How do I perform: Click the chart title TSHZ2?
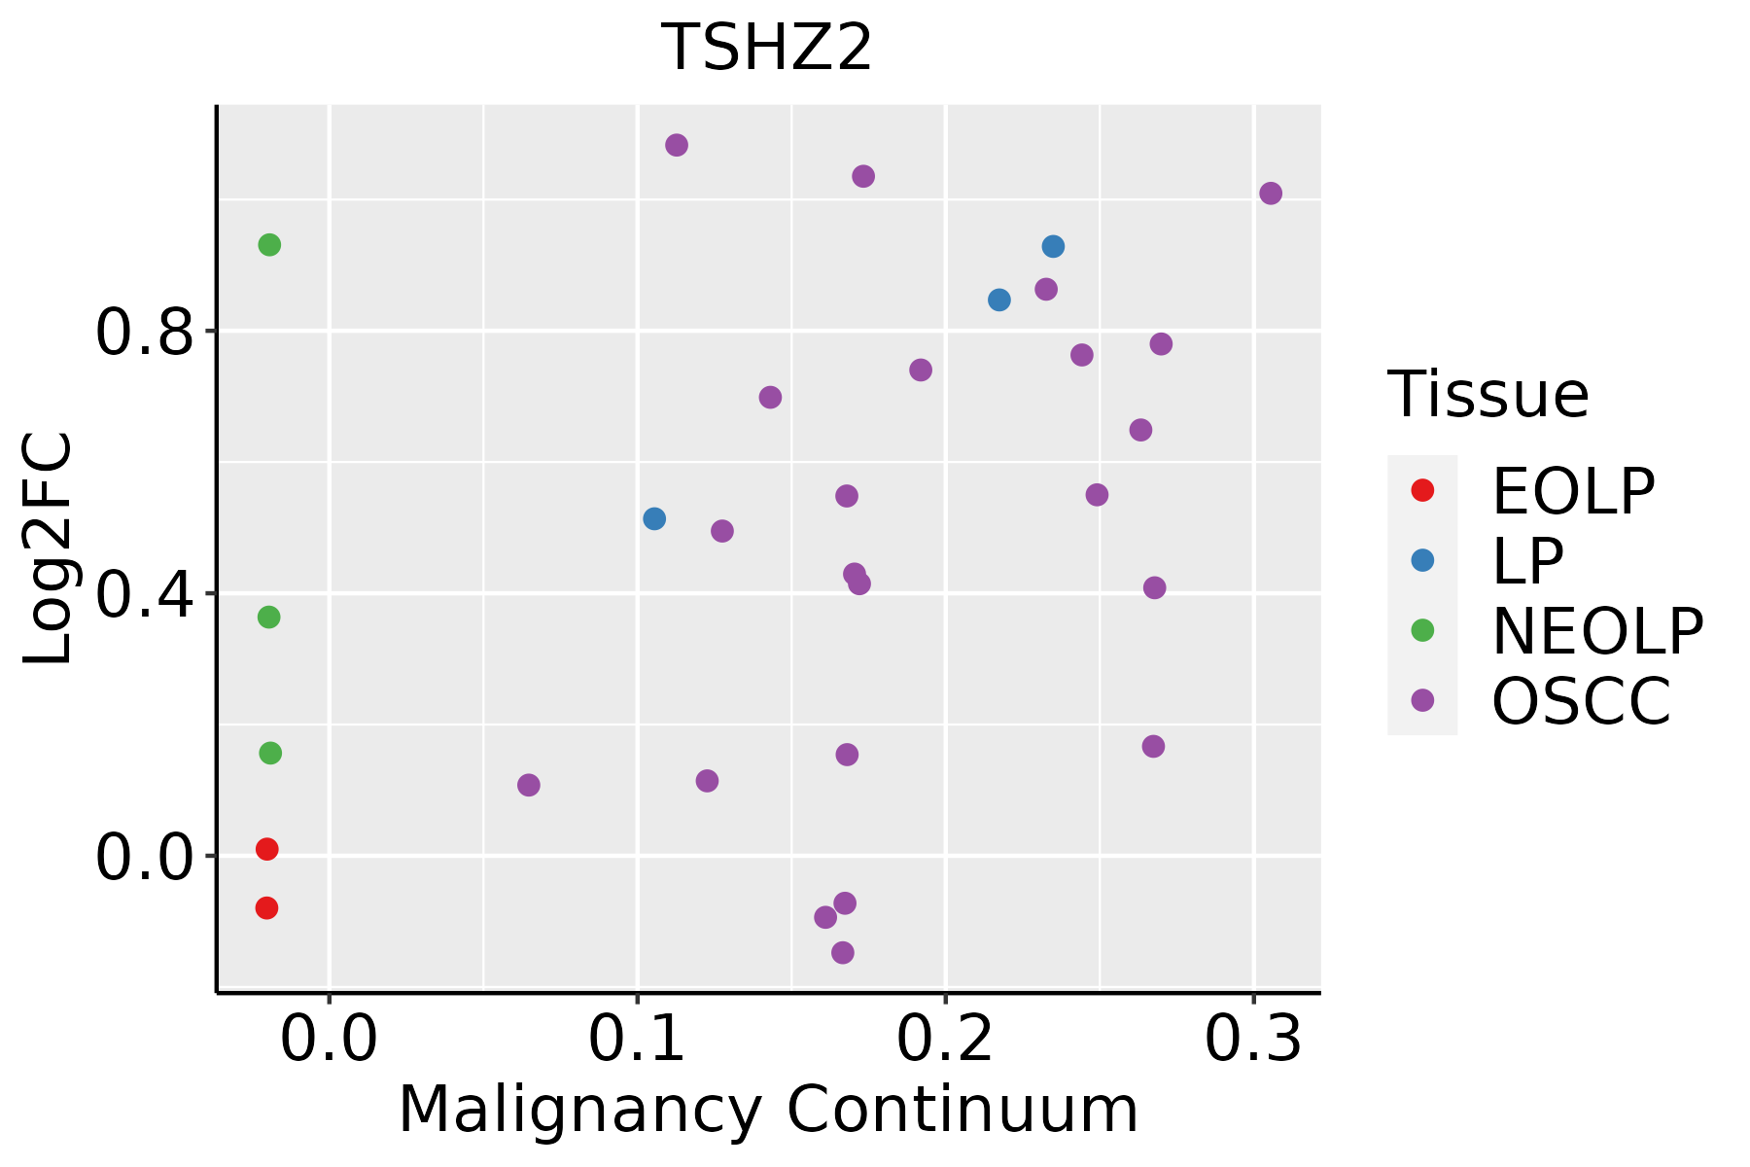[767, 49]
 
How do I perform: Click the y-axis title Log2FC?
[49, 549]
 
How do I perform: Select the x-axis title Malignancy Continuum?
[768, 1110]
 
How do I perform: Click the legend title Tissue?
[1487, 395]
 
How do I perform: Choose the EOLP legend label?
[1572, 491]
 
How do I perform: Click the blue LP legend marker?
[1422, 560]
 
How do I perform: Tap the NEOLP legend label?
[1596, 631]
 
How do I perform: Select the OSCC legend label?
[1581, 701]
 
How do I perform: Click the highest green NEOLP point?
[269, 245]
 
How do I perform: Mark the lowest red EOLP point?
[266, 908]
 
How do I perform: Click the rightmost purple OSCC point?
[1271, 194]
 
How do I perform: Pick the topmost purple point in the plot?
[677, 145]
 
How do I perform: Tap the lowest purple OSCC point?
[843, 952]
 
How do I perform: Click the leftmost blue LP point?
[654, 518]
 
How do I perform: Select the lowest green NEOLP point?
[270, 753]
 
